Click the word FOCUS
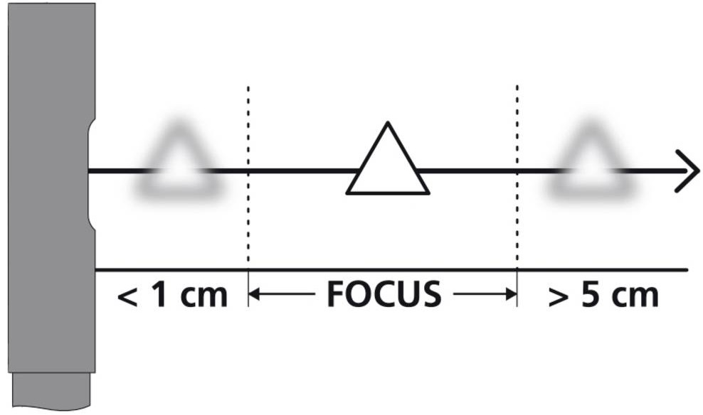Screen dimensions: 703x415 (x=384, y=294)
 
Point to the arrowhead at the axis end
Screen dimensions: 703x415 (x=688, y=171)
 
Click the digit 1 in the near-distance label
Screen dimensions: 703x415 (x=159, y=294)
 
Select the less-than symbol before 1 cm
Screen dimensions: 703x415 (x=127, y=297)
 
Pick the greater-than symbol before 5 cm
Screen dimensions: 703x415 (x=558, y=297)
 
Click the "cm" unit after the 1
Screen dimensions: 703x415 (x=204, y=297)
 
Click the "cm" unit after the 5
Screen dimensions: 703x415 (x=635, y=297)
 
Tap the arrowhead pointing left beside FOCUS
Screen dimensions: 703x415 (x=254, y=294)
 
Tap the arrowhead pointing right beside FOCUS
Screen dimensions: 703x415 (x=512, y=294)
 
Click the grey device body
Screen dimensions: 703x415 (x=51, y=188)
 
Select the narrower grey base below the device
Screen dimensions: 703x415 (x=51, y=390)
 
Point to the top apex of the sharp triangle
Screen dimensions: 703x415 (x=388, y=122)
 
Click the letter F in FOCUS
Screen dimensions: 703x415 (x=337, y=294)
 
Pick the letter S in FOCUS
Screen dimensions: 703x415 (x=432, y=294)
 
